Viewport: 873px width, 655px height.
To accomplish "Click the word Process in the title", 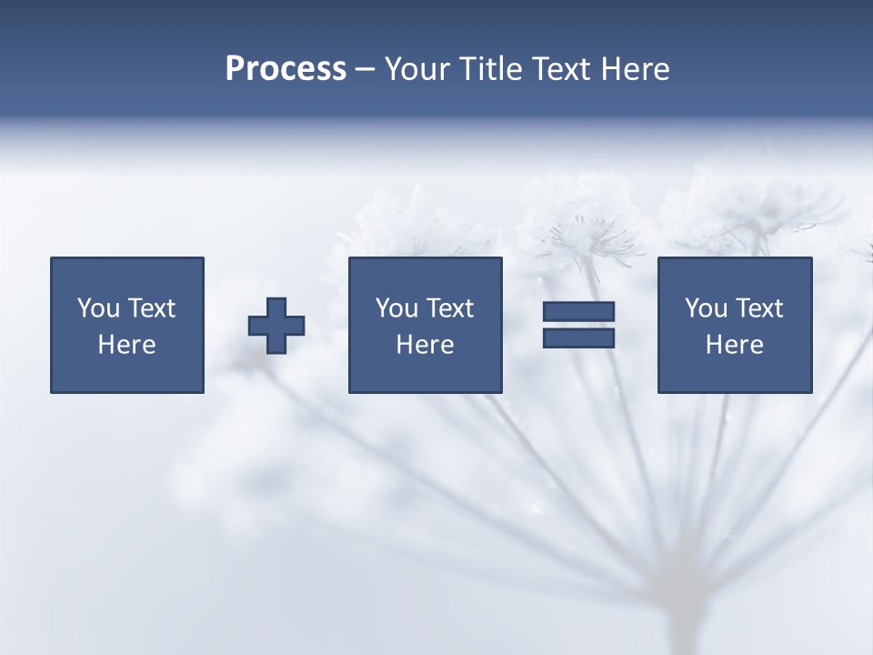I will [x=286, y=69].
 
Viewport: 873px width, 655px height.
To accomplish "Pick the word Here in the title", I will [x=636, y=69].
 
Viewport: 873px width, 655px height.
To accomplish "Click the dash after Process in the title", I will [x=366, y=70].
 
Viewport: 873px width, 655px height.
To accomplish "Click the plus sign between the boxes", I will [x=276, y=326].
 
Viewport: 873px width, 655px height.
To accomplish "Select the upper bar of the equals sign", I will [x=578, y=311].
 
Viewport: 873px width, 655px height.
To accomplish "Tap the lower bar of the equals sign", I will [x=578, y=338].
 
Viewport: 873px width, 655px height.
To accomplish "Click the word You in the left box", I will [x=97, y=308].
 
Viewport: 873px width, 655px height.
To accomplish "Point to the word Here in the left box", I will [x=126, y=345].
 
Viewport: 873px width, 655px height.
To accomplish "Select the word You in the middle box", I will [x=396, y=308].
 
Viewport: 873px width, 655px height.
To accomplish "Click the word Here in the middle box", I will [x=425, y=345].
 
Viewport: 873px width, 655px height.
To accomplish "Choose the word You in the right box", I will [x=705, y=308].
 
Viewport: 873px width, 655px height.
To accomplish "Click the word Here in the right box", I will [x=734, y=345].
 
